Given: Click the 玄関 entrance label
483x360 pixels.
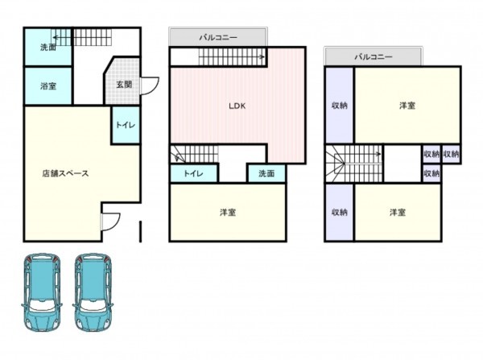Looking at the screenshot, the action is (x=124, y=84).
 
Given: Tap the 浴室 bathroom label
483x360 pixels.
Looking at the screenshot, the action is (x=48, y=85).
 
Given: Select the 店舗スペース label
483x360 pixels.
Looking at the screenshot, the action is (x=66, y=173).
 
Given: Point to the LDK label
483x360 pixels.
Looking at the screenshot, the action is (x=237, y=106).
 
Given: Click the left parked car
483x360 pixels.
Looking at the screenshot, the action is (x=42, y=292).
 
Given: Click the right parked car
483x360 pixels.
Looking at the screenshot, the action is (x=93, y=292).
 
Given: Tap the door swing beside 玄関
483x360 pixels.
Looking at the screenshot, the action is (x=150, y=85).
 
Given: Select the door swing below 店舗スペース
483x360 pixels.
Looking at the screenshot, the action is (x=110, y=221).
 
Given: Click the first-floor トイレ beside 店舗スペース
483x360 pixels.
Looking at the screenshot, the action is (x=126, y=125).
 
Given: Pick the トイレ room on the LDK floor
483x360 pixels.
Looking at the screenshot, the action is (x=194, y=173).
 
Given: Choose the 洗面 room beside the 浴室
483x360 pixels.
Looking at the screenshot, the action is (x=48, y=47).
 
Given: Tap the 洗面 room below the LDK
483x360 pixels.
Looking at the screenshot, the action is (x=266, y=173).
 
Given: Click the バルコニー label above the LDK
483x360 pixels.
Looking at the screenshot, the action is (x=218, y=38).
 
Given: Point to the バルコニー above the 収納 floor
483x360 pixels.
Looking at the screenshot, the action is (x=374, y=56).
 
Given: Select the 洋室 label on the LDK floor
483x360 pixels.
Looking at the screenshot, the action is (x=228, y=213).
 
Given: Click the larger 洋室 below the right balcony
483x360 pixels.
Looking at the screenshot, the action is (x=407, y=106).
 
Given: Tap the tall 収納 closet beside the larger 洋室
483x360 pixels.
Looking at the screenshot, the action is (x=340, y=106).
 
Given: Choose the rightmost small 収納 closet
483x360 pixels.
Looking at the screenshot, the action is (x=452, y=154).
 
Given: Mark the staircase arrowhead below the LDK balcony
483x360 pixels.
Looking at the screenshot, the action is (x=262, y=56).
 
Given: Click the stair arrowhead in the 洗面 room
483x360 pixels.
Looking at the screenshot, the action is (x=56, y=38).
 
